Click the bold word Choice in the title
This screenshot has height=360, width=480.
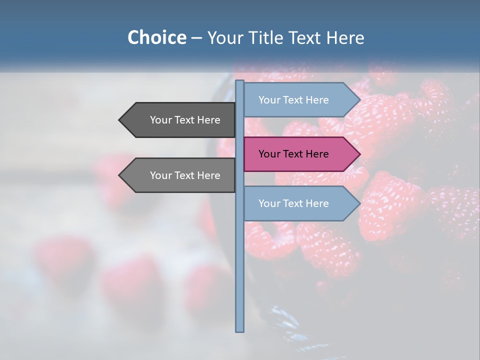(156, 37)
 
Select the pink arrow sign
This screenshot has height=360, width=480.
(300, 154)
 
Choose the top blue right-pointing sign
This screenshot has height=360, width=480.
(300, 100)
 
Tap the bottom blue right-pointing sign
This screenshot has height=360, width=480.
(300, 203)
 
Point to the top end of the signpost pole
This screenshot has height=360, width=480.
(239, 81)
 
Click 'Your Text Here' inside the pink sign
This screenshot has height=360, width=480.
(293, 154)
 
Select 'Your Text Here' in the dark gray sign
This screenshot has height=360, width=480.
(185, 120)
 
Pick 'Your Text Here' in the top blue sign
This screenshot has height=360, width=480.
(293, 100)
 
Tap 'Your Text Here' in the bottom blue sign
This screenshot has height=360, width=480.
(293, 203)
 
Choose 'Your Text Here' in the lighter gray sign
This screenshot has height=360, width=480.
(185, 175)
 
